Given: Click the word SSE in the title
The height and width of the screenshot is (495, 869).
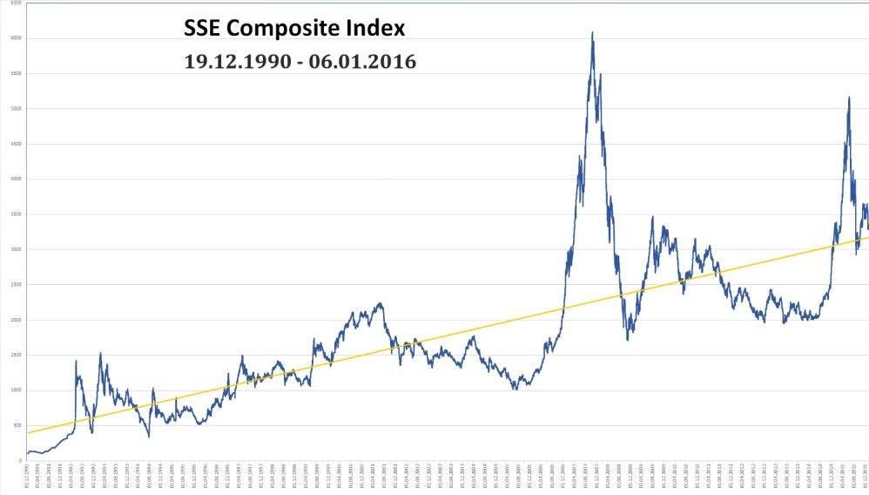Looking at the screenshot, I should pos(205,29).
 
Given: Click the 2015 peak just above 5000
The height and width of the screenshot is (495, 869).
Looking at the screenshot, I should pos(849,98).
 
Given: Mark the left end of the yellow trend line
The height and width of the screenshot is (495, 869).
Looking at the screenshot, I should pos(27,432).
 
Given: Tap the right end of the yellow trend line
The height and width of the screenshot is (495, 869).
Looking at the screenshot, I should pos(867,236).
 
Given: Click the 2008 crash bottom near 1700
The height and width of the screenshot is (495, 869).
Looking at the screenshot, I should pos(628,339).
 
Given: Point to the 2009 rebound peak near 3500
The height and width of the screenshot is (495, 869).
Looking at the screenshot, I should pos(652,217).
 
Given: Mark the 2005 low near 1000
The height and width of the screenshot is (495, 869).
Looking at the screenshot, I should pos(515,389).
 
